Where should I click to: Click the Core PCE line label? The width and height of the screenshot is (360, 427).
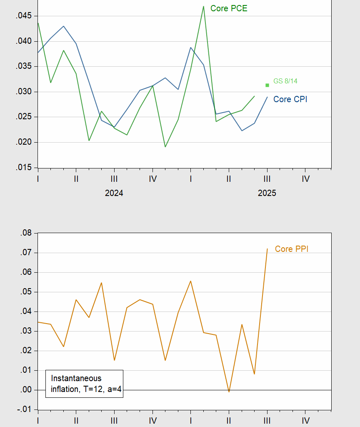point(229,8)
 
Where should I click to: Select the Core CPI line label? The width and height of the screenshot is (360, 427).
point(290,99)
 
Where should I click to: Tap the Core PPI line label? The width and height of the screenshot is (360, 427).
point(292,249)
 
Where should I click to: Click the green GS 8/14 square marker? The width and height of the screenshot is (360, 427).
point(267,85)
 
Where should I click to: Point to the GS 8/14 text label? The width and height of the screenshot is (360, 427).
point(285,81)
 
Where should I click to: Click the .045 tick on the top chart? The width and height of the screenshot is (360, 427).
point(24,16)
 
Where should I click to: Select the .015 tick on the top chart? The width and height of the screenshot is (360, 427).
point(24,168)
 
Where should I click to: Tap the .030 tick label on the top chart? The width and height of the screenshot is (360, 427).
point(24,92)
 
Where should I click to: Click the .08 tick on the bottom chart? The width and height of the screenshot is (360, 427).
point(26,233)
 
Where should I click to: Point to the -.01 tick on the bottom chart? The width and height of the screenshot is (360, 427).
point(25,409)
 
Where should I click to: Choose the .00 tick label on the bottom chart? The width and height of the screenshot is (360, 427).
point(26,390)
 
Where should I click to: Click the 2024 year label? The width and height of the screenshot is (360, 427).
point(114,193)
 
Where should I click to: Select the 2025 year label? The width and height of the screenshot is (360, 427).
point(267,193)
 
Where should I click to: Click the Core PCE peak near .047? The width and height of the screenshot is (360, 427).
point(203,7)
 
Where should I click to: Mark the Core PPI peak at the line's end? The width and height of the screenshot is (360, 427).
point(267,249)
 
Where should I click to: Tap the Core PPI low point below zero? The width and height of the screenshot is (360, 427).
point(229,392)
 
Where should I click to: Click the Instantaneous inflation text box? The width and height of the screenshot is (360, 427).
point(84,384)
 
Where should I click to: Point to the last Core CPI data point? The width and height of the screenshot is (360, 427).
point(267,97)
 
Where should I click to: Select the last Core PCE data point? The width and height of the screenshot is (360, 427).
point(255,96)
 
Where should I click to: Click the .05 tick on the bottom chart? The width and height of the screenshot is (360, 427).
point(26,292)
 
